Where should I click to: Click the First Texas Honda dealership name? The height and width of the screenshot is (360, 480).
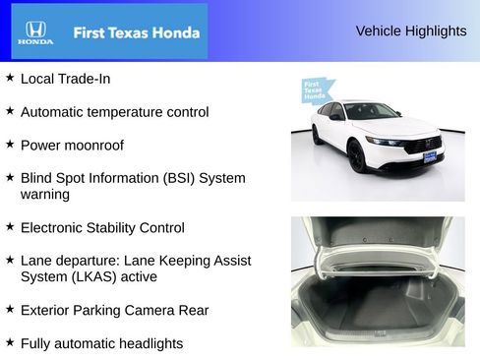[136, 32]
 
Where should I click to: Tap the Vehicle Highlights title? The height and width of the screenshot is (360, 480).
[410, 30]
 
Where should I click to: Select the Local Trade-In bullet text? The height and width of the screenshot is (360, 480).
[65, 78]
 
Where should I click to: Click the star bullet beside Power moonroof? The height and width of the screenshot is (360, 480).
[10, 144]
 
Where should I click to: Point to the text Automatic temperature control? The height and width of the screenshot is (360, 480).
[114, 111]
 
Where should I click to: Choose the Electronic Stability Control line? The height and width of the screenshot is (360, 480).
[102, 227]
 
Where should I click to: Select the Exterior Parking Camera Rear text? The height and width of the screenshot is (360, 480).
[114, 310]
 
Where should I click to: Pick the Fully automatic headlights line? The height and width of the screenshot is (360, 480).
[101, 343]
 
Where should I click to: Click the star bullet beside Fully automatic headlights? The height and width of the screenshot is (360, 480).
[10, 342]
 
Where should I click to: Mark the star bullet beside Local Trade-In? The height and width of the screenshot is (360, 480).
[10, 77]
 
